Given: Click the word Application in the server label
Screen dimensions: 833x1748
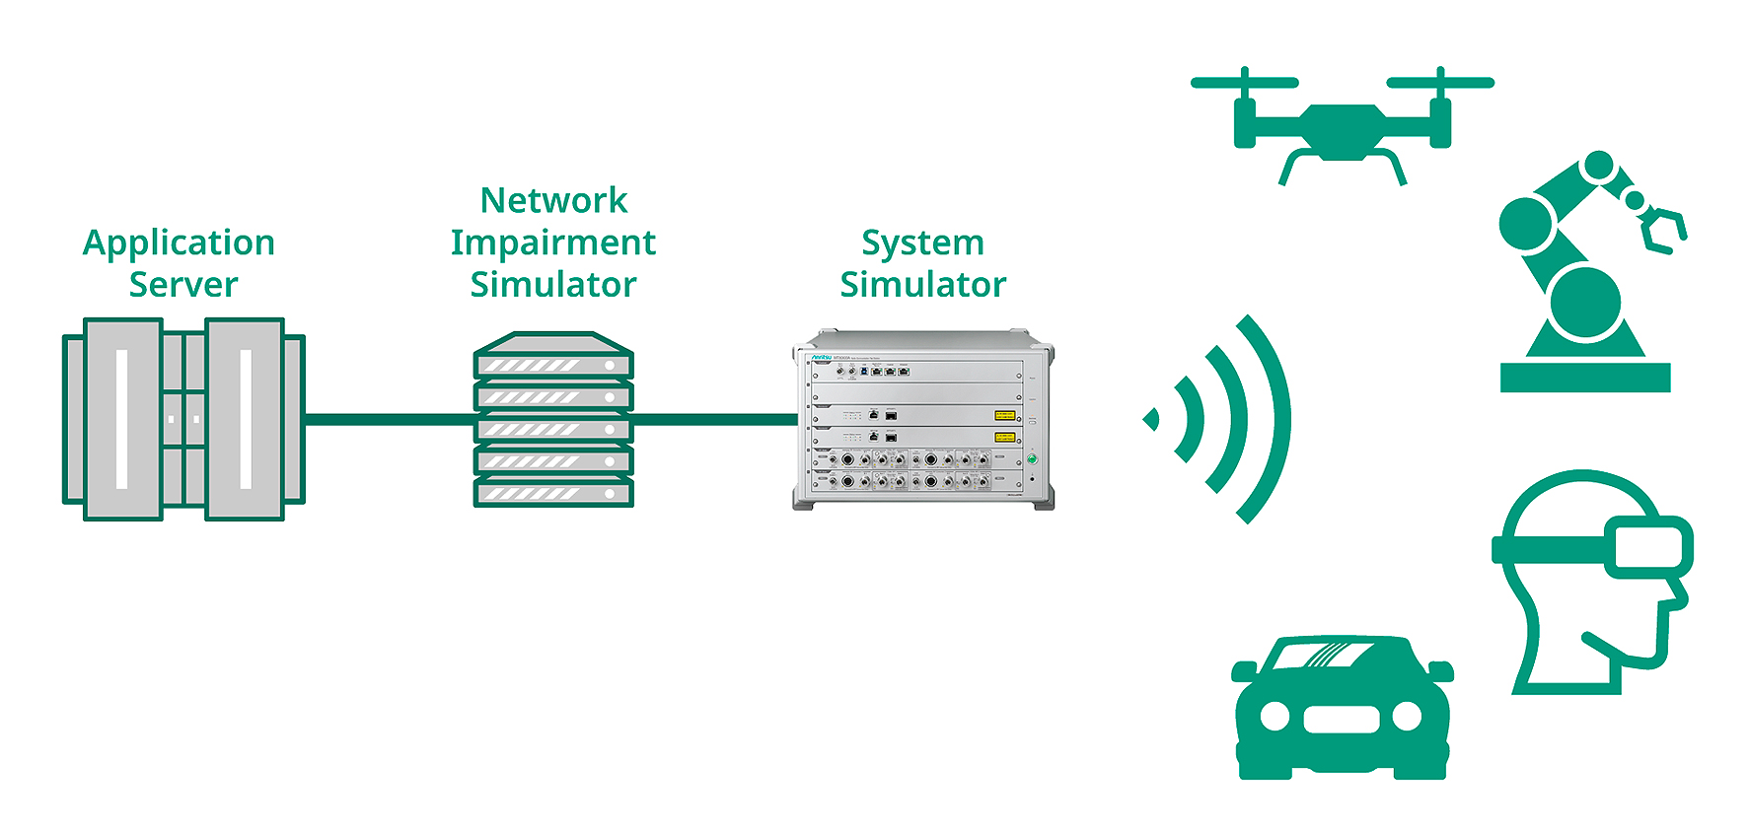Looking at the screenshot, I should click(x=179, y=243).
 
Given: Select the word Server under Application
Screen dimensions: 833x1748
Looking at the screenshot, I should click(x=183, y=285).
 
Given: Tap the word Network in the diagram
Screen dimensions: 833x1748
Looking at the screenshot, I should click(x=553, y=201).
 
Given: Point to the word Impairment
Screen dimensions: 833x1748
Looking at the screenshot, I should click(x=553, y=243).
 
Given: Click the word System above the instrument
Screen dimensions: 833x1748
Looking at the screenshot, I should click(x=922, y=243).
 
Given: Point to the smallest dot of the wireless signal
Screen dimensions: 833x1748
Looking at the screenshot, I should click(x=1150, y=419).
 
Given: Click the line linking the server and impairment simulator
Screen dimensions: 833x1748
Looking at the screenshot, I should click(x=389, y=419).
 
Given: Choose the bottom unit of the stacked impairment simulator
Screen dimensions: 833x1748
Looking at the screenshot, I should click(x=553, y=491).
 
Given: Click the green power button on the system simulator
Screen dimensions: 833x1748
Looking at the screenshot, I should click(x=1033, y=459).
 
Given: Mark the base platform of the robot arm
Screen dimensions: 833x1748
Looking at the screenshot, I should click(x=1585, y=378).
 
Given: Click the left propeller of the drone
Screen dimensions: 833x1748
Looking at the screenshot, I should click(x=1245, y=83).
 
